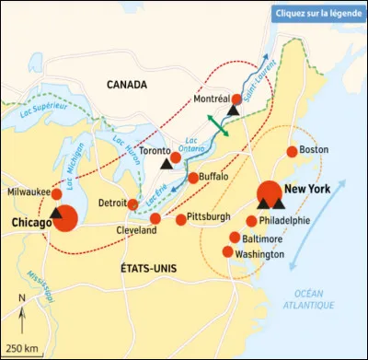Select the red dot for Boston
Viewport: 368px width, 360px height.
(293, 151)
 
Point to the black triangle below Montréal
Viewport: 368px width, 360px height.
(233, 110)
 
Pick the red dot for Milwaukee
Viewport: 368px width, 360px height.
(57, 194)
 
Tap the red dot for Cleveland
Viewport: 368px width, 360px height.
(155, 218)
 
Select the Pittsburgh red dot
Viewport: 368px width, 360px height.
(181, 219)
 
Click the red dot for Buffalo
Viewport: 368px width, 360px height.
(193, 178)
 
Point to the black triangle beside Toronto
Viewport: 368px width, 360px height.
(167, 164)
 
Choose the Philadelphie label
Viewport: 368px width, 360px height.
(284, 221)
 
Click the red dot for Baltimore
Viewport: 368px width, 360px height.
(235, 237)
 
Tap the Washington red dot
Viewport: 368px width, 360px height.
(228, 251)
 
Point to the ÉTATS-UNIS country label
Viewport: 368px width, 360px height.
(148, 268)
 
